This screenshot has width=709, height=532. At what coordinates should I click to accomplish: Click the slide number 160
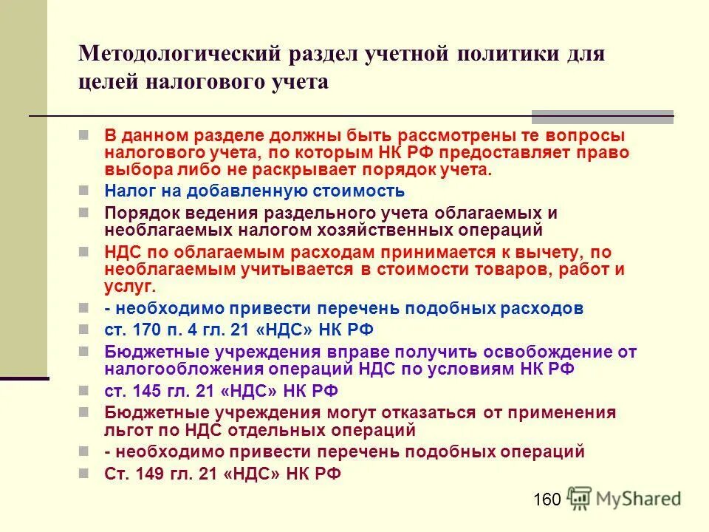tap(547, 500)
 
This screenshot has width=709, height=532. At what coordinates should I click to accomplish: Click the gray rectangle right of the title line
tap(603, 116)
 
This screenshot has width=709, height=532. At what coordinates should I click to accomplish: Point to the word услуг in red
tap(128, 285)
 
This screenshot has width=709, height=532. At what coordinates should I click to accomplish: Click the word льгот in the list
tap(126, 430)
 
